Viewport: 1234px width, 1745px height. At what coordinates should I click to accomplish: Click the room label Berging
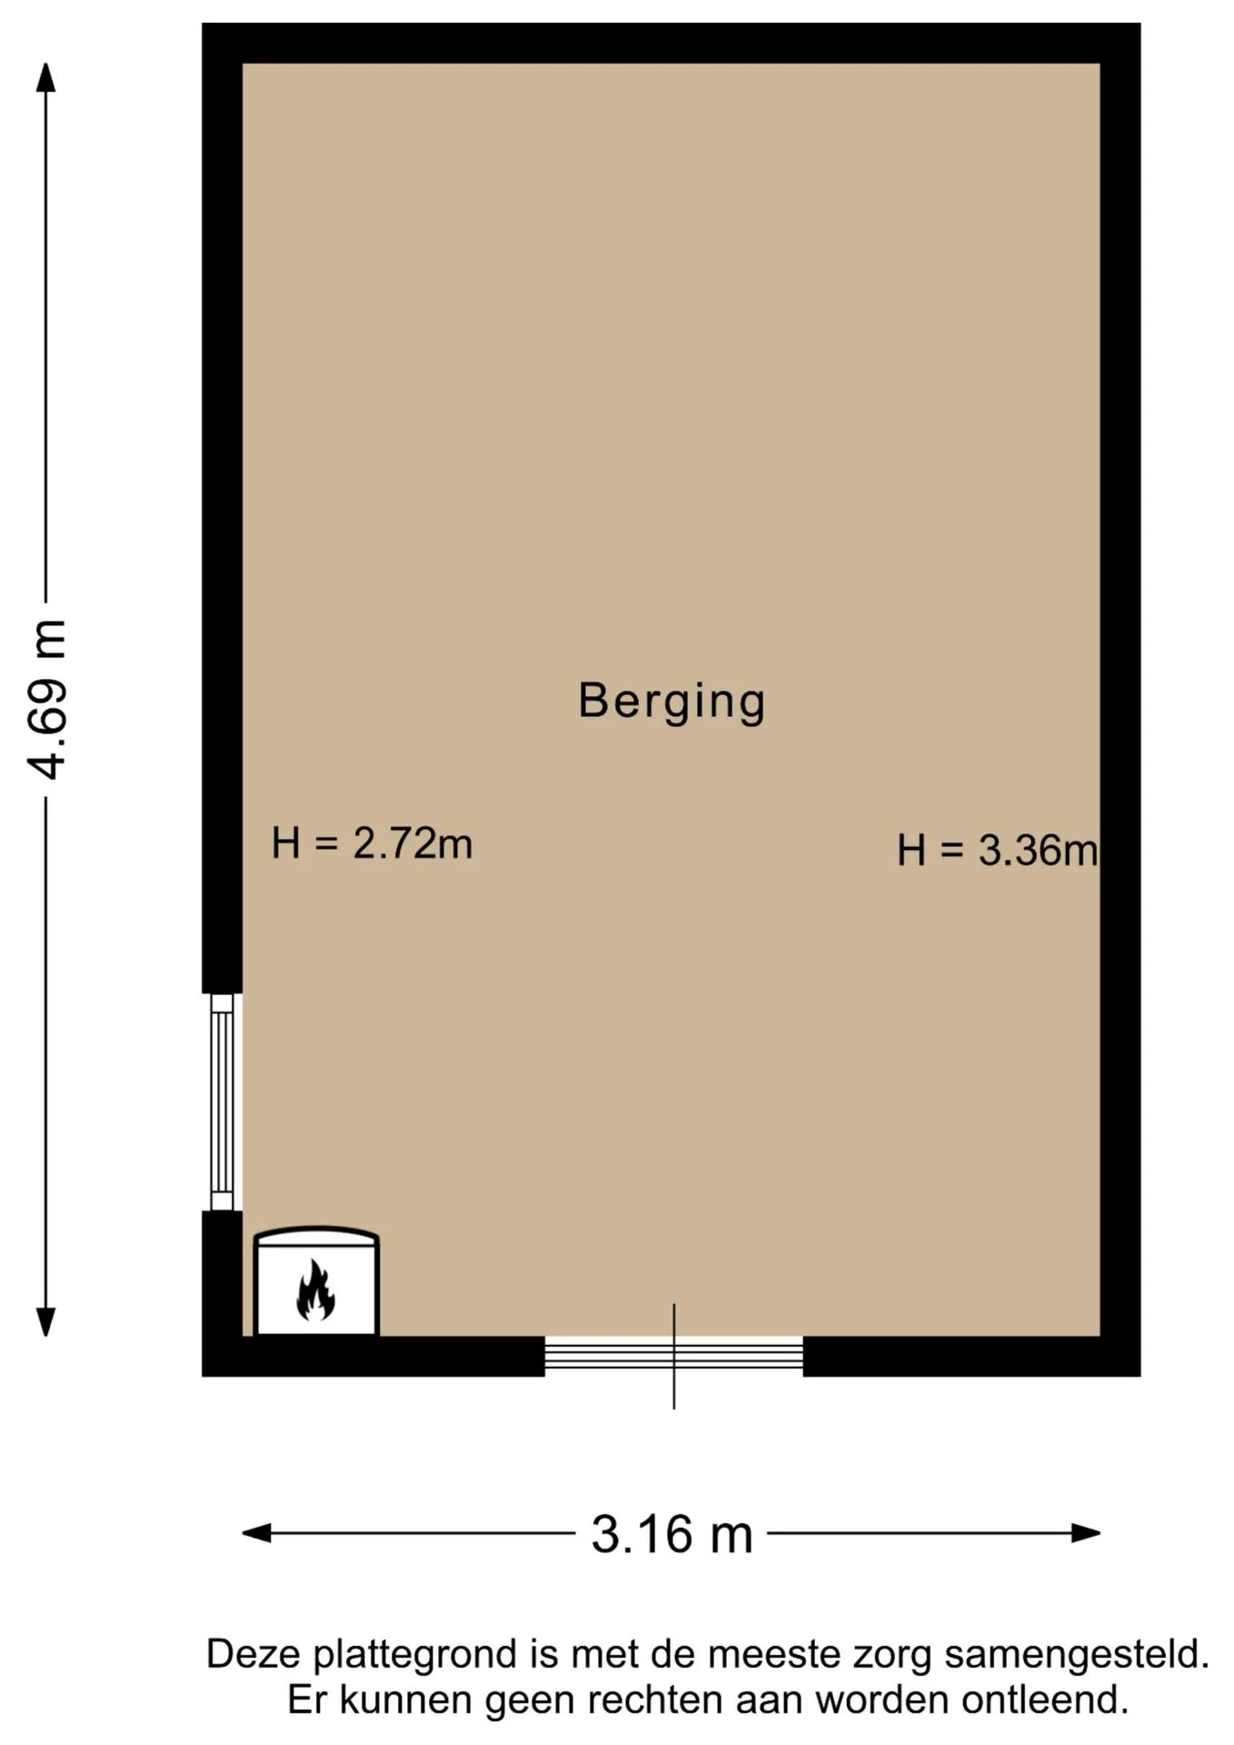tap(672, 702)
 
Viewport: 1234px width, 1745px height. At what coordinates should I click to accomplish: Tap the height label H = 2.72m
tap(372, 843)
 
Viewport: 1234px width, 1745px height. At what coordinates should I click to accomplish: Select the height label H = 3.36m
tap(997, 851)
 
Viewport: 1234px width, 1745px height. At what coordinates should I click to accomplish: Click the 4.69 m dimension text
tap(46, 699)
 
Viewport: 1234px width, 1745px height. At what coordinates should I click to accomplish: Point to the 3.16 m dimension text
tap(672, 1534)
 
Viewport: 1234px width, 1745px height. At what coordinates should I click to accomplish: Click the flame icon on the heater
tap(315, 1290)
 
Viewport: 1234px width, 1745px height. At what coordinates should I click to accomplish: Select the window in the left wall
tap(222, 1102)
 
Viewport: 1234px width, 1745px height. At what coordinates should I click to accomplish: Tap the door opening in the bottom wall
tap(673, 1355)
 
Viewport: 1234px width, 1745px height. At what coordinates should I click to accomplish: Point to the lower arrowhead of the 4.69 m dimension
tap(45, 1322)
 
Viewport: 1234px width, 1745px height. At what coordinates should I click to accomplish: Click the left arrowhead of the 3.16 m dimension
tap(256, 1533)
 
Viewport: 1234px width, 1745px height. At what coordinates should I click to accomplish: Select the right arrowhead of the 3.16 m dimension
tap(1086, 1533)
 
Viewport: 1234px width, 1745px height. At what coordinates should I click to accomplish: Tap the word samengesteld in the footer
tap(1077, 1655)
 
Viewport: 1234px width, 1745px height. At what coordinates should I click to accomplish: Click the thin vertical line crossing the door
tap(673, 1356)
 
